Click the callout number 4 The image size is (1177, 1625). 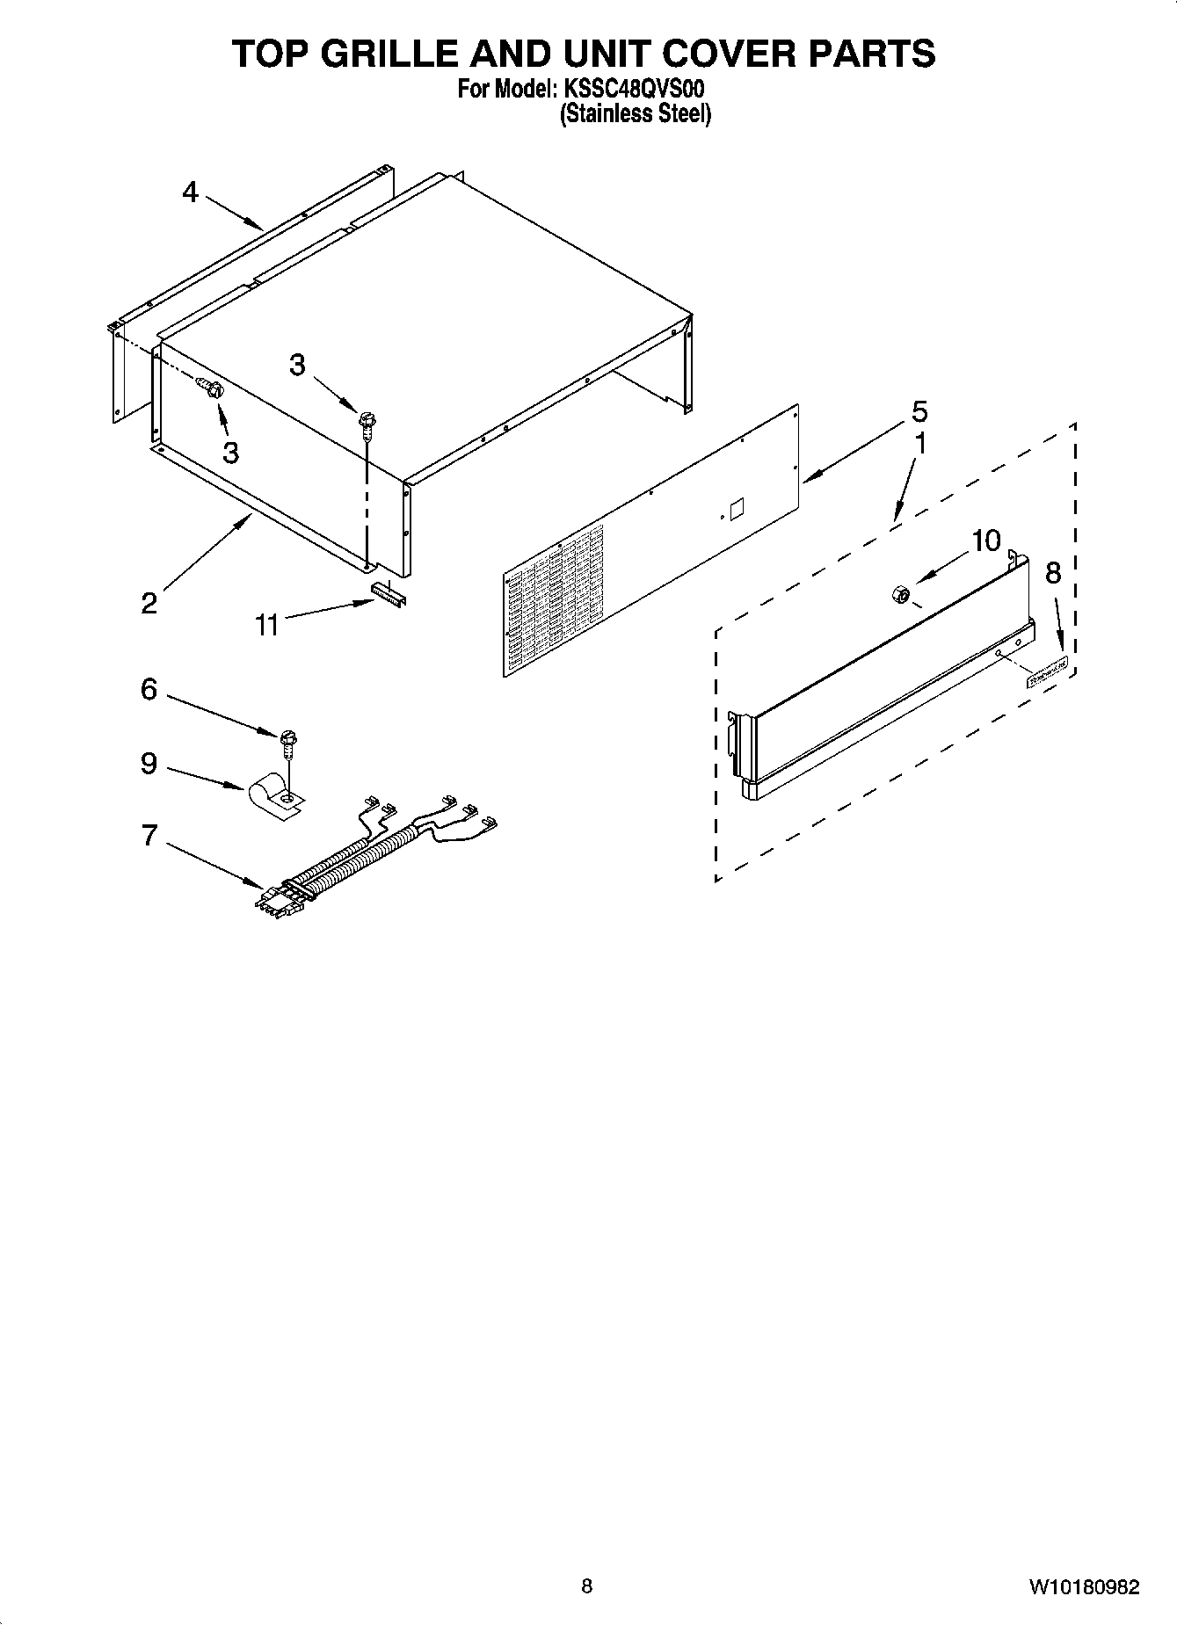(x=191, y=192)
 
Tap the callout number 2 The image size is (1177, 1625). (x=149, y=603)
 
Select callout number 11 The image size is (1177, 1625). (x=266, y=625)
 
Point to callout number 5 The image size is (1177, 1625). (x=919, y=411)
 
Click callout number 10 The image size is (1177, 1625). (x=986, y=541)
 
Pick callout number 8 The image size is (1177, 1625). (x=1053, y=573)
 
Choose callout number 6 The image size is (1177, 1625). (x=149, y=689)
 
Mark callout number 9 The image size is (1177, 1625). (x=149, y=763)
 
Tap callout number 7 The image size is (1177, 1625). (x=149, y=835)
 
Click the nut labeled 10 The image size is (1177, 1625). (x=900, y=595)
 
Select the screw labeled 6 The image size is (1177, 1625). (x=288, y=740)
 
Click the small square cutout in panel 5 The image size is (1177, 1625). (x=737, y=508)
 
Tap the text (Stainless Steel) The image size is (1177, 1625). (x=636, y=114)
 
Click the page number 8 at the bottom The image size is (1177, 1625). (x=587, y=1586)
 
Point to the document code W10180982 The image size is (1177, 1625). (x=1084, y=1587)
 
